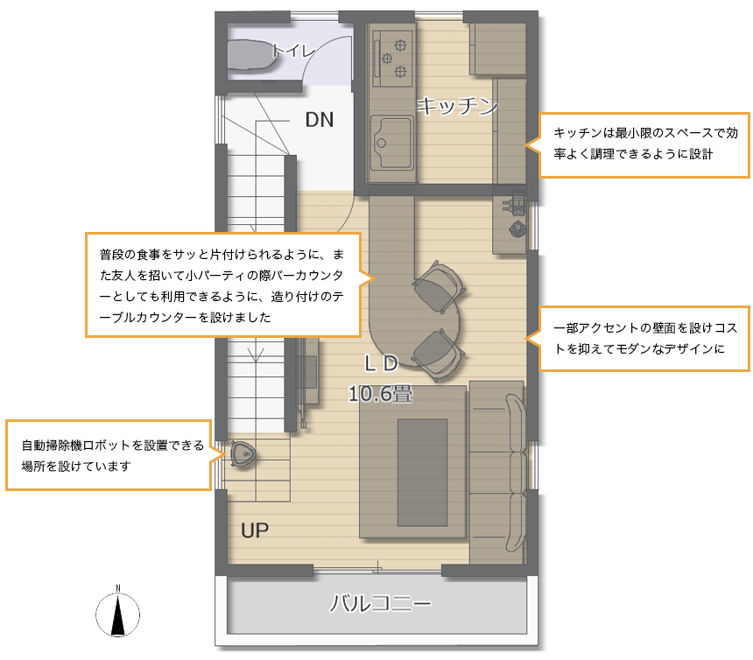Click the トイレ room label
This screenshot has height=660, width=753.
point(293,51)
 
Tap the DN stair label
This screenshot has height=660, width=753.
point(320,120)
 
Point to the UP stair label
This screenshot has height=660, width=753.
point(255,530)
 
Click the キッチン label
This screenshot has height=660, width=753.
point(457,106)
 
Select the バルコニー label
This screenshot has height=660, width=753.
point(380,603)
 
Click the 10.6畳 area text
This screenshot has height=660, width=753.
point(380,394)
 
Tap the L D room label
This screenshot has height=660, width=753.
point(381,364)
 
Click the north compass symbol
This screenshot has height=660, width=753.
point(117,613)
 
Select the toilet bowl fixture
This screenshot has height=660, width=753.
point(250,55)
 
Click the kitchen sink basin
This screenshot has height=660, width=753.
point(391,143)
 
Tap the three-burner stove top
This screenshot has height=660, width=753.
point(392,58)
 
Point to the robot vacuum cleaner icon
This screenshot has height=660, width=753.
point(243,453)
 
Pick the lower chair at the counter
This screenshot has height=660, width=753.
point(439,355)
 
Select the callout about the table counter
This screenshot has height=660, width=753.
point(222,285)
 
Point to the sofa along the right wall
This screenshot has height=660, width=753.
point(497,473)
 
